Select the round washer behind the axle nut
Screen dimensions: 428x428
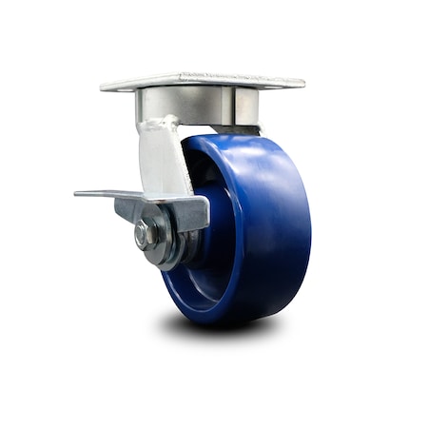coord(156,238)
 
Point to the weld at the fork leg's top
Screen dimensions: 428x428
coord(157,124)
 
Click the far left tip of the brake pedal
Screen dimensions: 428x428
coord(77,194)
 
